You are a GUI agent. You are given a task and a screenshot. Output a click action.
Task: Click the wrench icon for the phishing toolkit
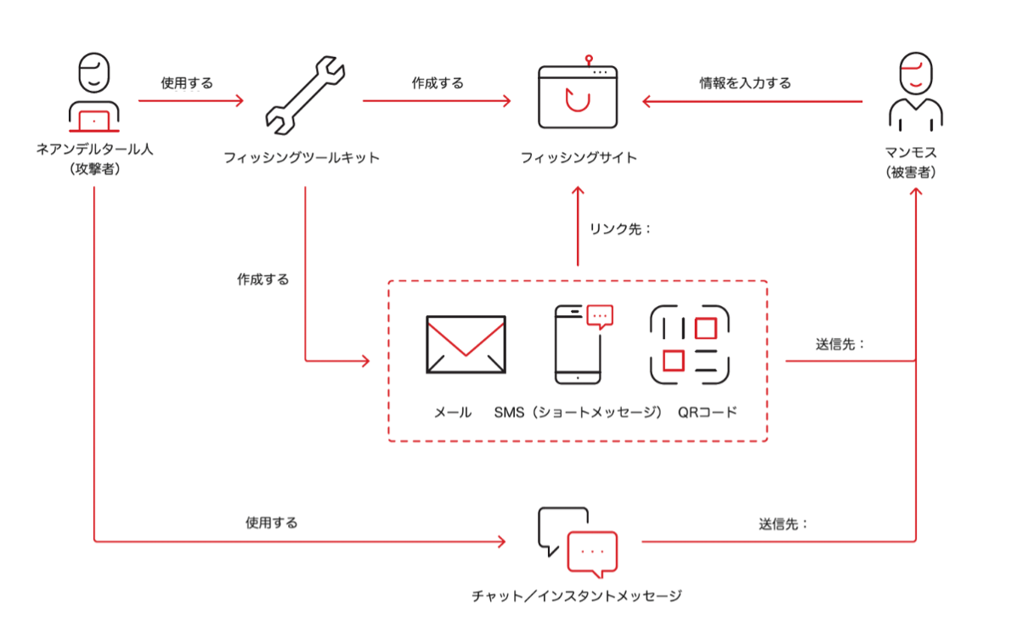302,98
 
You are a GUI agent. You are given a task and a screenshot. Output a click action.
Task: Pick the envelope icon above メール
466,344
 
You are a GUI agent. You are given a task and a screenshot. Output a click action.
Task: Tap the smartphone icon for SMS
578,344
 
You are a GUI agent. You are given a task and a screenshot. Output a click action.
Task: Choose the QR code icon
690,344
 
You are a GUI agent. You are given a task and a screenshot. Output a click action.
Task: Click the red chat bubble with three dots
591,552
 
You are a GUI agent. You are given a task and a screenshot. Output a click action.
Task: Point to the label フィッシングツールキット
302,158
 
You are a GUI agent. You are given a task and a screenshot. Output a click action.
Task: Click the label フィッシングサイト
578,158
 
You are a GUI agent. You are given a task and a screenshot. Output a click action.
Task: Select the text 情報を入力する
745,82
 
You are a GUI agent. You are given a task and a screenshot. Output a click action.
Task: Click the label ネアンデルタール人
93,150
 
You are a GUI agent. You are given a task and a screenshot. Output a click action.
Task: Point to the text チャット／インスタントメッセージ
577,596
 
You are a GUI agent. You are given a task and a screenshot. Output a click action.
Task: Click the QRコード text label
707,413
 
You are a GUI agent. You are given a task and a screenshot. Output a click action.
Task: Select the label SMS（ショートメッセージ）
578,413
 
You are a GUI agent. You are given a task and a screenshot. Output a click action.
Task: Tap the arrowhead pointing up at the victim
916,193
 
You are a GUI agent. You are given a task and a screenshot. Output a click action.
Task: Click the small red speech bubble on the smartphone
600,316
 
